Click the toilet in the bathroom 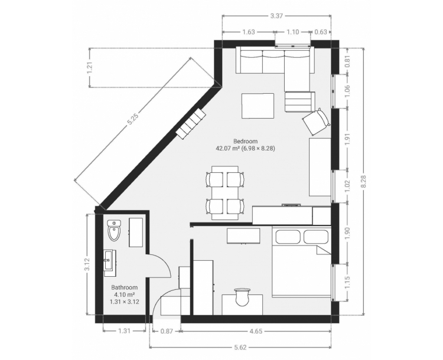(x=114, y=230)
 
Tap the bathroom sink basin (x=108, y=260)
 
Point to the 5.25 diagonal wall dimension (x=133, y=119)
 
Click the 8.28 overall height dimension (x=363, y=181)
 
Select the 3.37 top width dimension (x=276, y=16)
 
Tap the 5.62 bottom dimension (x=240, y=347)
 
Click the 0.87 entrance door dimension (x=167, y=331)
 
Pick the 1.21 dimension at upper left (x=90, y=68)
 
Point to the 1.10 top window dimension (x=293, y=32)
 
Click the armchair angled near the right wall (x=316, y=122)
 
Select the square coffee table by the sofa (x=258, y=106)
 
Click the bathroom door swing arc (x=164, y=263)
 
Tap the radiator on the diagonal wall (x=191, y=123)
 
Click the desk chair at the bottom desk (x=242, y=296)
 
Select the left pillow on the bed (x=288, y=237)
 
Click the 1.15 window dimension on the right (x=347, y=282)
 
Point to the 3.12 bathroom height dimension (x=87, y=264)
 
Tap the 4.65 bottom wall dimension (x=256, y=331)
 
